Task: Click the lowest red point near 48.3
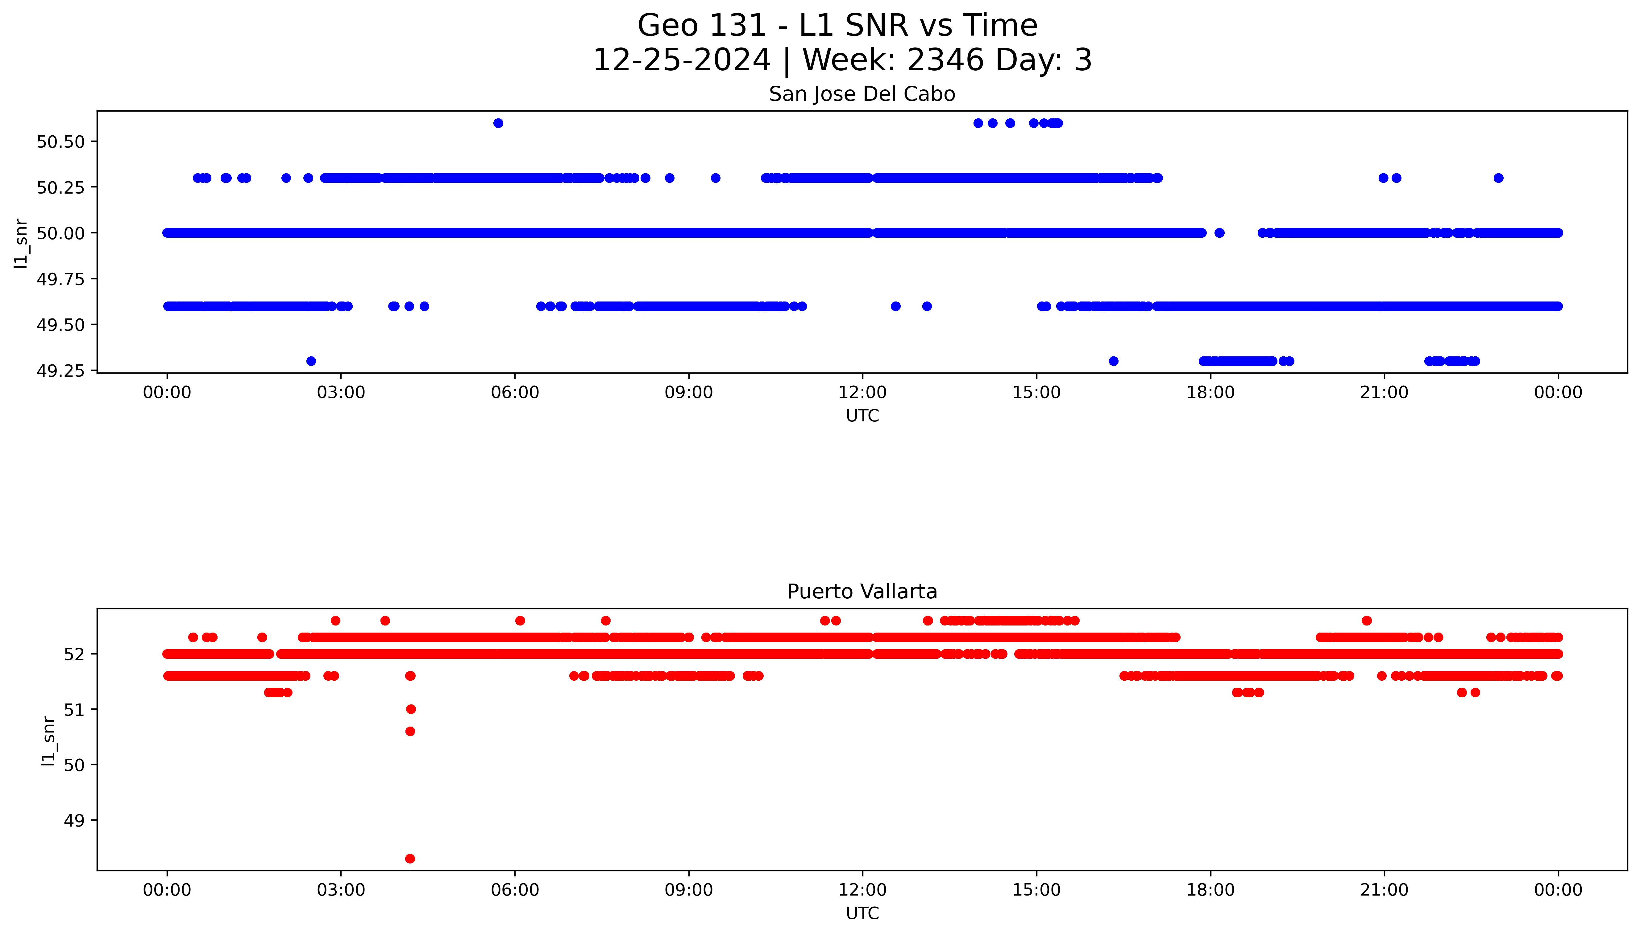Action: point(410,859)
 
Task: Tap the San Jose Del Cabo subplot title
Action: point(862,94)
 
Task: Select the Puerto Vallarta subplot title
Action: point(862,592)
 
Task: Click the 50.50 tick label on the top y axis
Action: point(61,142)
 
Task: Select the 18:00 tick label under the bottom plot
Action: point(1210,890)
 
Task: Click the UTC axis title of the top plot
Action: point(862,416)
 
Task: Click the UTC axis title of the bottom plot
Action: point(862,913)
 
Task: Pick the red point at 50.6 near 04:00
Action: point(410,732)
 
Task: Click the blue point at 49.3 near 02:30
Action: point(311,361)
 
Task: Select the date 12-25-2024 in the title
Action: point(681,60)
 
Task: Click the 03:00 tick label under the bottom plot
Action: point(341,890)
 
